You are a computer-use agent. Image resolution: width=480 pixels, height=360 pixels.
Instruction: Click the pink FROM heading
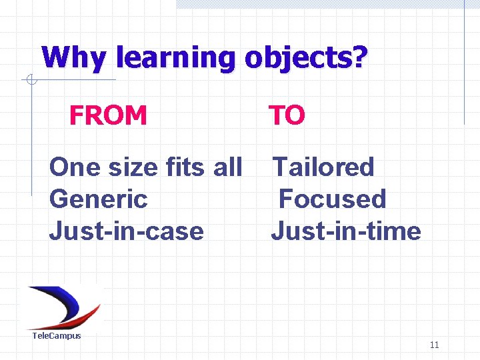pos(108,115)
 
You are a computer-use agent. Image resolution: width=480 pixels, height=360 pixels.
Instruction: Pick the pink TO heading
pos(287,115)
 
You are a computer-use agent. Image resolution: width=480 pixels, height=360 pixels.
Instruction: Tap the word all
pos(227,167)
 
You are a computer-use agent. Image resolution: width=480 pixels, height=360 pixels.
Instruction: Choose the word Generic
pos(98,199)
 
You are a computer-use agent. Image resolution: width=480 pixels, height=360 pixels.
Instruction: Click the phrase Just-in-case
pos(126,231)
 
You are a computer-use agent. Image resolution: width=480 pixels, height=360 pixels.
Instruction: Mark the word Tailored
pos(324,167)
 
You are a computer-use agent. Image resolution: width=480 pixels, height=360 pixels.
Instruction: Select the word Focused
pos(332,199)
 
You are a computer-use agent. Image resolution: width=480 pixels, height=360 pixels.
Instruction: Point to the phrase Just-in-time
pos(345,231)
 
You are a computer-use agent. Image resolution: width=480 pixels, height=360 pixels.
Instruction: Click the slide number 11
pos(434,345)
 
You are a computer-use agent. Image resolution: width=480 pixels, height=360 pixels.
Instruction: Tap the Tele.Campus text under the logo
pos(57,335)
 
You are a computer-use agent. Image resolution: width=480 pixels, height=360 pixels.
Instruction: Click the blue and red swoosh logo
pos(63,305)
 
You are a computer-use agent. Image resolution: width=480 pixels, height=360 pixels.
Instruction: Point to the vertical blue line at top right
pos(464,63)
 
